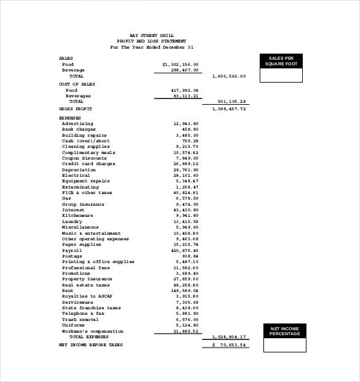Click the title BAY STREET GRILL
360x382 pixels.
(152, 36)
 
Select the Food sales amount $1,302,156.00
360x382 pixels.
(180, 64)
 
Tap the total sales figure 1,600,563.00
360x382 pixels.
(228, 76)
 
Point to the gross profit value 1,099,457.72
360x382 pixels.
(228, 108)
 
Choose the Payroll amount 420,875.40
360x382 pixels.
(185, 251)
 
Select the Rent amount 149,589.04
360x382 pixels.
(185, 290)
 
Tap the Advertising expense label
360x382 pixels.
(78, 123)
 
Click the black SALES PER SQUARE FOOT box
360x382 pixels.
(281, 61)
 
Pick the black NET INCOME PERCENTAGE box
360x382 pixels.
(284, 331)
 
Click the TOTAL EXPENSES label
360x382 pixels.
(89, 337)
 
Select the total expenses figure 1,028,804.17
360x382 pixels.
(229, 337)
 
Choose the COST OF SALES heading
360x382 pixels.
(77, 84)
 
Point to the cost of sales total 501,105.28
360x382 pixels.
(232, 101)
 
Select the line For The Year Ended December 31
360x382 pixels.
(152, 47)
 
